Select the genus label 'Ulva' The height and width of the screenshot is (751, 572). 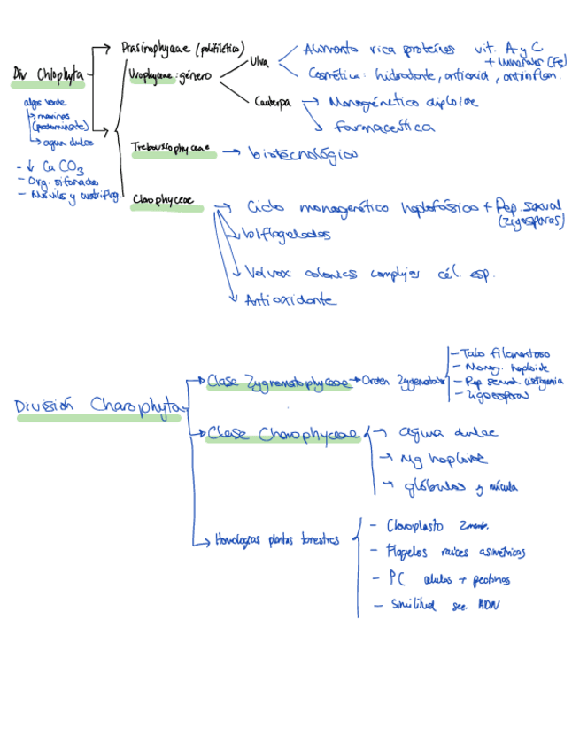[x=259, y=62]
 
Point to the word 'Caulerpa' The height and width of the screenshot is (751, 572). [x=273, y=103]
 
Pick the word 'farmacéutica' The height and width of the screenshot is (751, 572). [x=384, y=127]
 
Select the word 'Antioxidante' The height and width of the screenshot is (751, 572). [x=290, y=300]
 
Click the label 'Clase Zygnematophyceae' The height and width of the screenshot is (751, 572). [x=277, y=383]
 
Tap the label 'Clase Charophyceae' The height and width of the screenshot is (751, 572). [x=283, y=434]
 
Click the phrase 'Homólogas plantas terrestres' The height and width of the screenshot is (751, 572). [x=275, y=540]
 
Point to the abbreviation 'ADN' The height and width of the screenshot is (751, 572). [x=489, y=606]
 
